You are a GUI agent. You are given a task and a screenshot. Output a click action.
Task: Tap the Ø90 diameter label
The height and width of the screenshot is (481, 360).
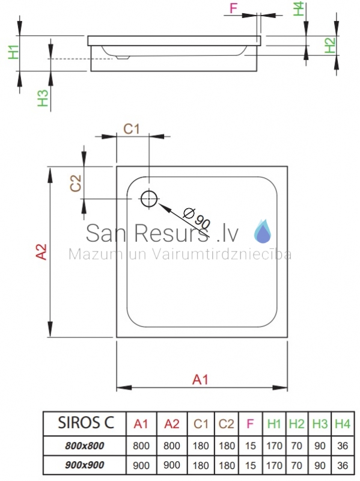click(197, 218)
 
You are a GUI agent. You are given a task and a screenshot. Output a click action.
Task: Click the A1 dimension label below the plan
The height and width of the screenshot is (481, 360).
click(200, 380)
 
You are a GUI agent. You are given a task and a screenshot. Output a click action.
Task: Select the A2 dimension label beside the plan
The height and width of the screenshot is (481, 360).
click(41, 252)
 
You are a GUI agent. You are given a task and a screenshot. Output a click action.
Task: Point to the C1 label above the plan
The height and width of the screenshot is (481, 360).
click(132, 129)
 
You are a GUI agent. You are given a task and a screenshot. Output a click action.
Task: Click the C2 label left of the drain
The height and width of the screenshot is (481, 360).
click(76, 183)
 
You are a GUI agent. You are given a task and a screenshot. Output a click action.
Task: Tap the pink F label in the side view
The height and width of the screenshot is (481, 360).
click(234, 8)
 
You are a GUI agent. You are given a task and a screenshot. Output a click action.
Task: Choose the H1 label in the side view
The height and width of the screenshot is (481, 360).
click(14, 52)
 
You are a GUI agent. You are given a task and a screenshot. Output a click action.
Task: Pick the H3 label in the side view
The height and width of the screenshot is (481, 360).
click(43, 98)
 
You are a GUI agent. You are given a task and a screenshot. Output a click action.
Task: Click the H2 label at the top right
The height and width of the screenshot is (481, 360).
click(330, 45)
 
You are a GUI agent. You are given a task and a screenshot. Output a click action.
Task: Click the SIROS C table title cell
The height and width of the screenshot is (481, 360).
click(85, 423)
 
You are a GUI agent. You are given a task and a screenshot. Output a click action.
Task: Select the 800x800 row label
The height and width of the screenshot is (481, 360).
click(85, 446)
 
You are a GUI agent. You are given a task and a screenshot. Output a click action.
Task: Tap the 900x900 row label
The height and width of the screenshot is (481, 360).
click(85, 465)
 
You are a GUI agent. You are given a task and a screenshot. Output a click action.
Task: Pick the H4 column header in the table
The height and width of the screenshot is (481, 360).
click(343, 424)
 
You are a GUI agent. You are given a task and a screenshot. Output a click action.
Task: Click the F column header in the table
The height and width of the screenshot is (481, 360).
click(250, 424)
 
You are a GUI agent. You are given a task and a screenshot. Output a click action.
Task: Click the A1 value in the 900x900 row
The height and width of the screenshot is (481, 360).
click(141, 465)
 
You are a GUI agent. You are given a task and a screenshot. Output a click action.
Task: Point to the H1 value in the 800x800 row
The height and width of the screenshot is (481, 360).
click(274, 446)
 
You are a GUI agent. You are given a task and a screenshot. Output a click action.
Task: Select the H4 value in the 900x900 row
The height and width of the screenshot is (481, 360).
click(343, 465)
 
